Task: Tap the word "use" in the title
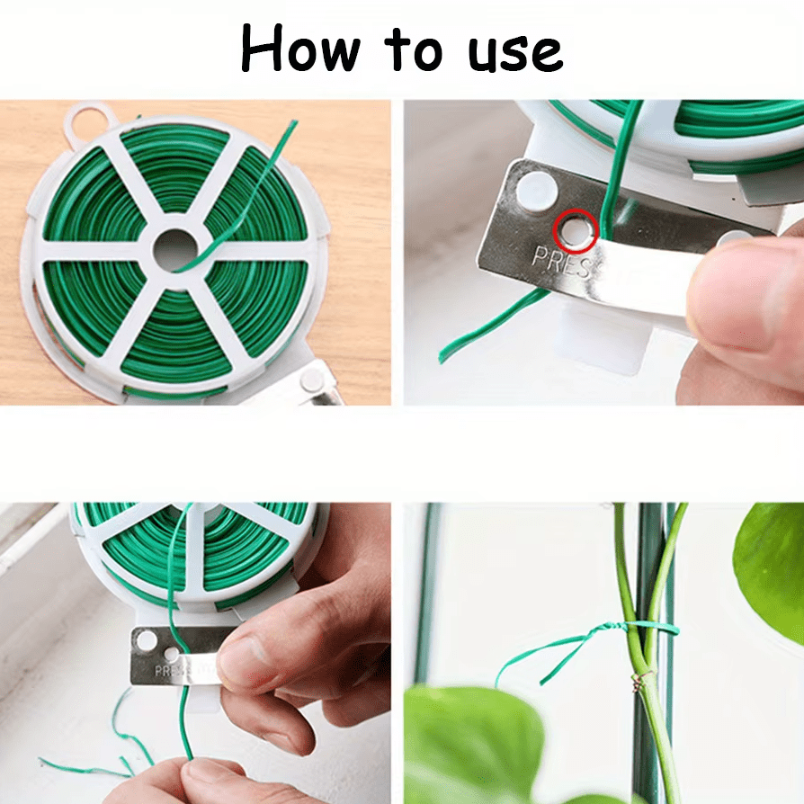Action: click(x=514, y=51)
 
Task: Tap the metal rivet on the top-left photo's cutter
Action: click(x=312, y=380)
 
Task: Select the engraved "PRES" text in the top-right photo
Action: click(x=563, y=261)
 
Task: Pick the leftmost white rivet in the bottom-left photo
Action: click(x=146, y=640)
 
